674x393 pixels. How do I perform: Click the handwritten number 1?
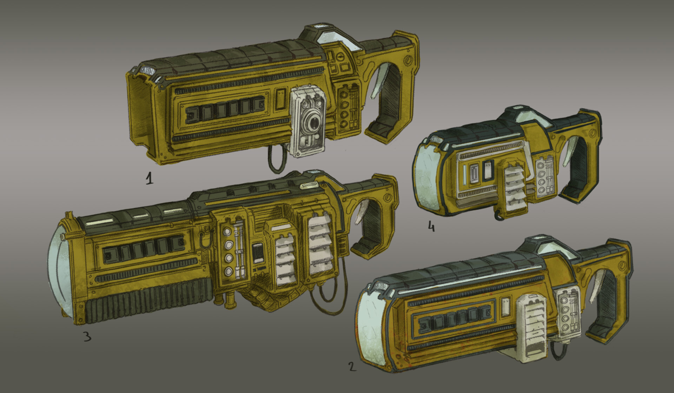coord(150,179)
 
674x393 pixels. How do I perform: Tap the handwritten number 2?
coord(352,367)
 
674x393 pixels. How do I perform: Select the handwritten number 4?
coord(431,227)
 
